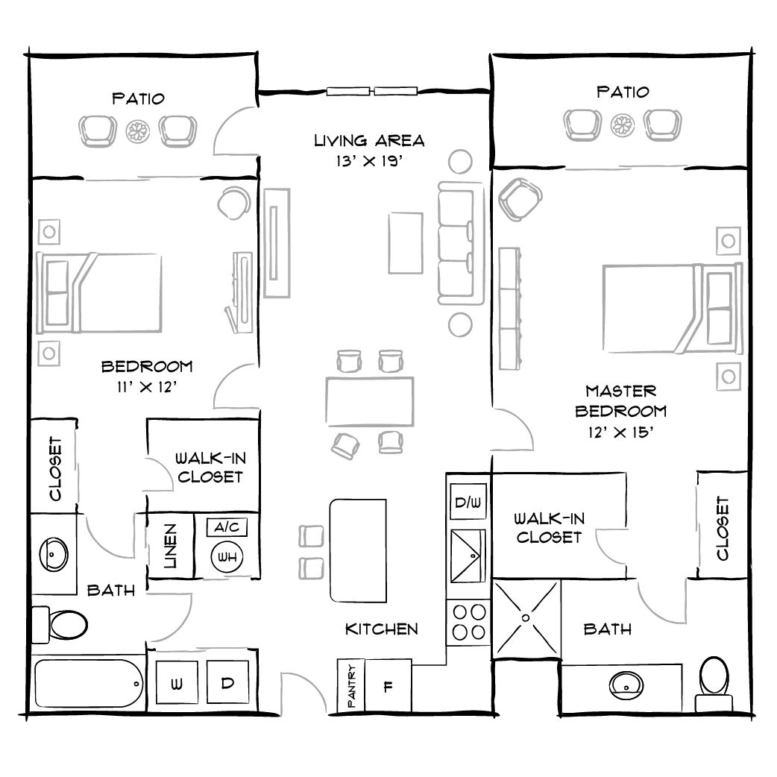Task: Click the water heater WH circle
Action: tap(227, 556)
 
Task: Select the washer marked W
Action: tap(177, 684)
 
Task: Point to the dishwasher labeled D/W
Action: tap(468, 503)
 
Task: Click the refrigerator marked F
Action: tap(388, 686)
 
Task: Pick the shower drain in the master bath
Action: tap(526, 618)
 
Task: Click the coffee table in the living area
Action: tap(406, 243)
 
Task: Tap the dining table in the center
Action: tap(370, 400)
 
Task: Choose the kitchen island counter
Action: tap(358, 550)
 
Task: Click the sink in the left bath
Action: tap(53, 553)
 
